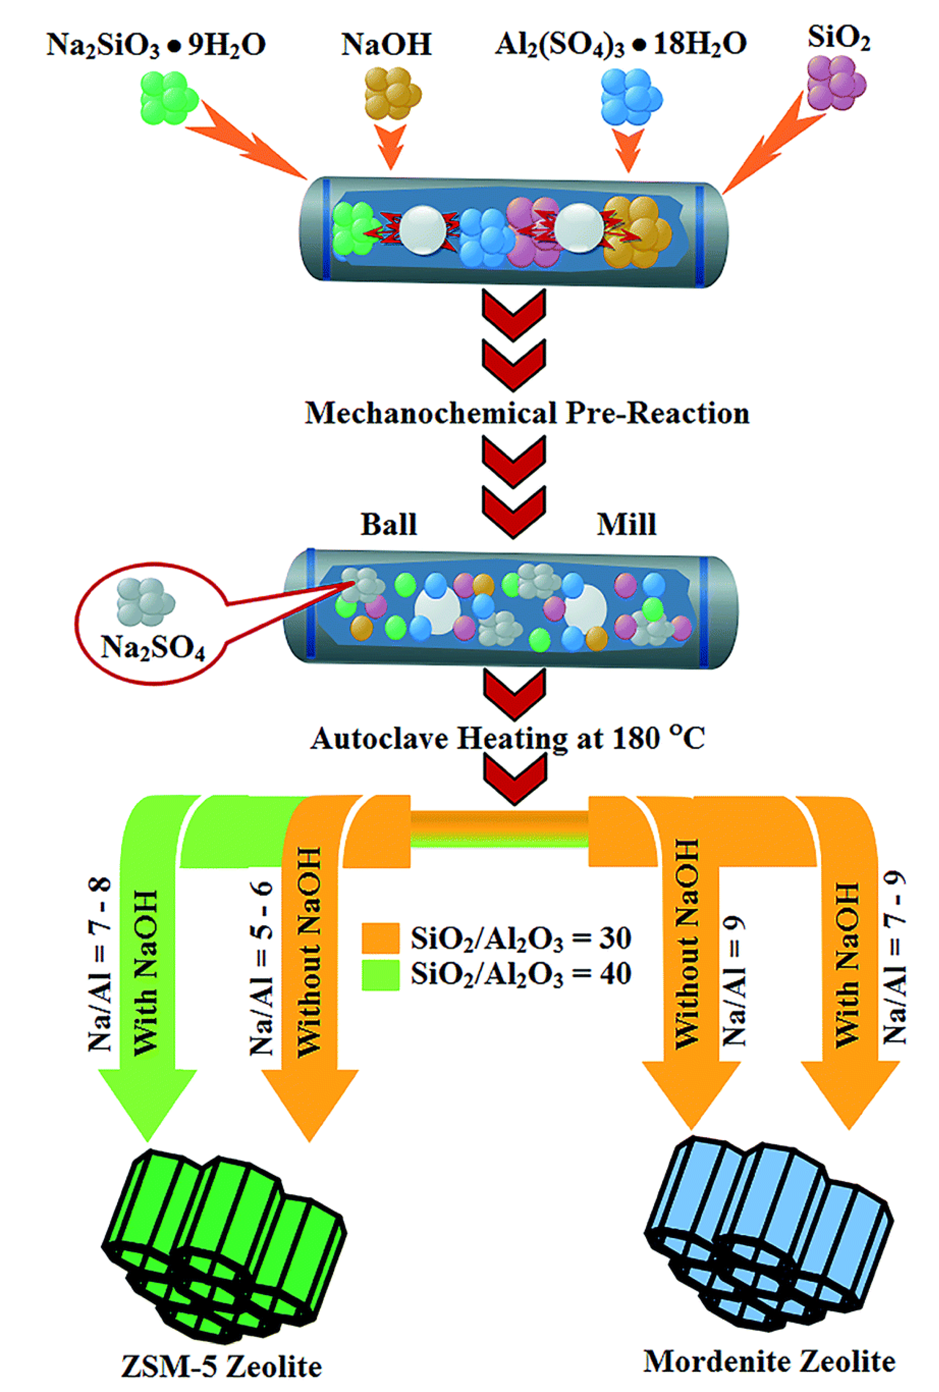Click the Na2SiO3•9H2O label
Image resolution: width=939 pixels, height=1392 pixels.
click(156, 45)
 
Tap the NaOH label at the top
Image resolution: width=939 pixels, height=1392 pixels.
click(386, 45)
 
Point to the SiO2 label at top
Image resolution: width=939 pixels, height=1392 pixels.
click(838, 39)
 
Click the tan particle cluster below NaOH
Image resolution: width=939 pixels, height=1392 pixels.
click(393, 93)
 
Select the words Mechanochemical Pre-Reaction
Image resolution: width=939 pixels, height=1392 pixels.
click(527, 413)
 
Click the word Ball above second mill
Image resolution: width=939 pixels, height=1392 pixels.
click(388, 524)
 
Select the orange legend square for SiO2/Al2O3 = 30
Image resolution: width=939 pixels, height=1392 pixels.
click(380, 938)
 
